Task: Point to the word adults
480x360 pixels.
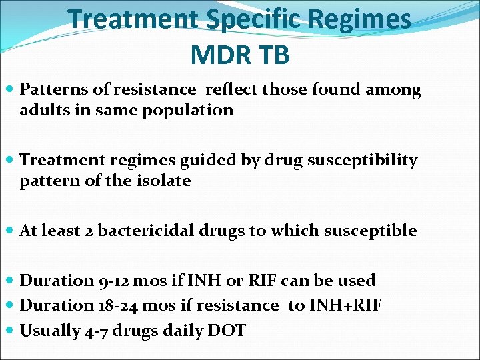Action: (43, 110)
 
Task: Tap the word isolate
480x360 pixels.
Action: (163, 181)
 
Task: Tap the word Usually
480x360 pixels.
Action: (51, 330)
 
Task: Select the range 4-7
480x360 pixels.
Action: (98, 330)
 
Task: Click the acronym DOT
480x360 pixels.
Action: (226, 330)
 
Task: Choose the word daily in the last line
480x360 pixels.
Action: (181, 330)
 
